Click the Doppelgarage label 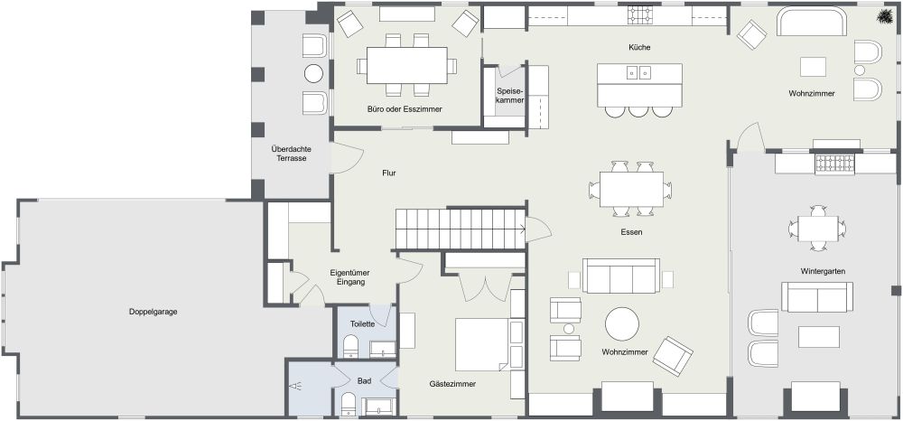[x=153, y=312]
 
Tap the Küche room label [x=639, y=47]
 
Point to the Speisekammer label [x=510, y=96]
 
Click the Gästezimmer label [x=452, y=384]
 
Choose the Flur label [x=389, y=173]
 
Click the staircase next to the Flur [x=461, y=229]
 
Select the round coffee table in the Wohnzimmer [x=621, y=323]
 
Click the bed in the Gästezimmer [x=481, y=344]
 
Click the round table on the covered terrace [x=313, y=74]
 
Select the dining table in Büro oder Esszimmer [x=406, y=64]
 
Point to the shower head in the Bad [x=296, y=386]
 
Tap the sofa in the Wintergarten [x=816, y=296]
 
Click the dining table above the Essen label [x=630, y=189]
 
